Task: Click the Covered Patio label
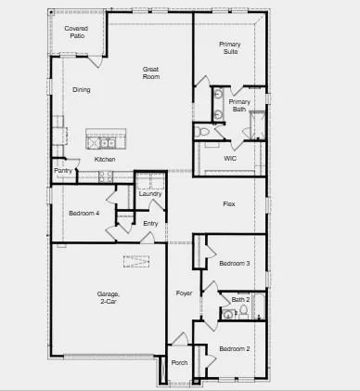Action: (76, 32)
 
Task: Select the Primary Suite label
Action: (230, 47)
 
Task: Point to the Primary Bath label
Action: (239, 105)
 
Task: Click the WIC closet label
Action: (231, 157)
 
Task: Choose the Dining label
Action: (82, 89)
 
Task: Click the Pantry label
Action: (63, 171)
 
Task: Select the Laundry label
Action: (150, 193)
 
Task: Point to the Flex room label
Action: (229, 203)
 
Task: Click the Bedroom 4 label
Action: (84, 214)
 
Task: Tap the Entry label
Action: (150, 223)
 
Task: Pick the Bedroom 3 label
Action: (234, 264)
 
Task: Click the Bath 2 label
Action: (240, 299)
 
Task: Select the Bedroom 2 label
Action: (234, 348)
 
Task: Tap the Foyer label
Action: (185, 293)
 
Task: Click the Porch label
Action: (180, 362)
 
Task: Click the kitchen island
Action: (105, 140)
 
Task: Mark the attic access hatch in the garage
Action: (136, 261)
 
